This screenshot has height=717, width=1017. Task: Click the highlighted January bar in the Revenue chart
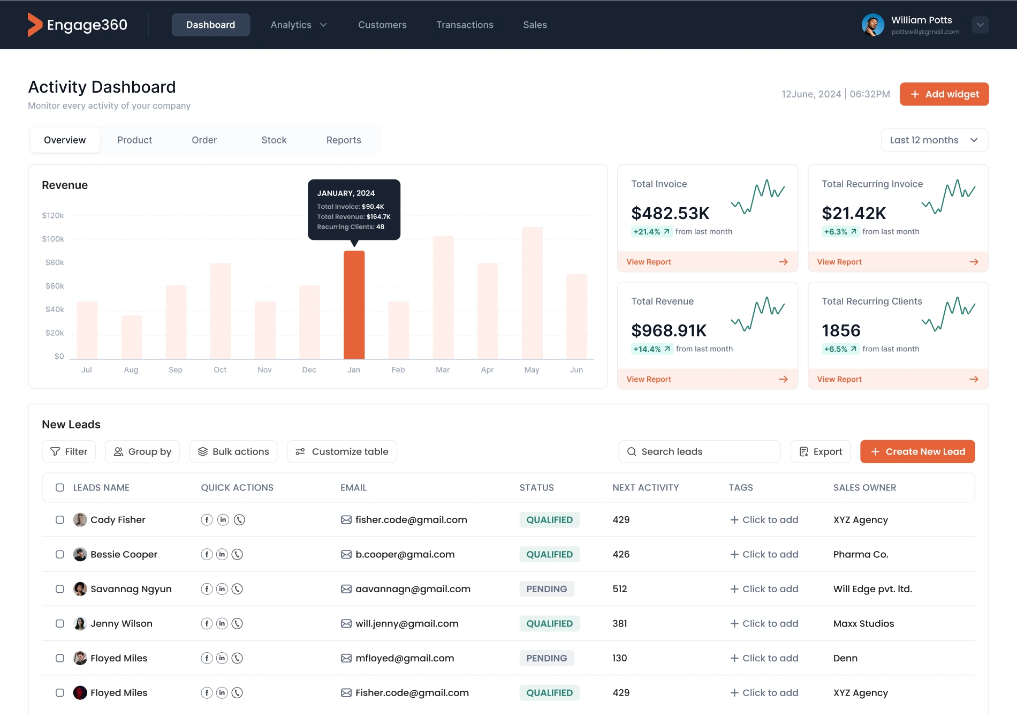(x=354, y=305)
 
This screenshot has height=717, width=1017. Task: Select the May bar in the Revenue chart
(x=532, y=293)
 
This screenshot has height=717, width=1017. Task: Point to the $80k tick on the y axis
(x=55, y=262)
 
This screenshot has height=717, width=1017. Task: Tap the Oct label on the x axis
(x=220, y=370)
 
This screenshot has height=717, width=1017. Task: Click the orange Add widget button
(x=944, y=94)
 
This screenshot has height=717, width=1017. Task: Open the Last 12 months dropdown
(x=934, y=140)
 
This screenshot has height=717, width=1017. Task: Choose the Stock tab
(x=274, y=140)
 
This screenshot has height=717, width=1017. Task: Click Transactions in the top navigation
(x=465, y=25)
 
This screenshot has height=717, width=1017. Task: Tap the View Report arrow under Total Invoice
(x=783, y=262)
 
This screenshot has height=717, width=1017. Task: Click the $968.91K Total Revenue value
(x=669, y=330)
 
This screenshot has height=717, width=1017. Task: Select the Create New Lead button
(x=917, y=452)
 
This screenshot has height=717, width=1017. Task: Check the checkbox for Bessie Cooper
(x=60, y=555)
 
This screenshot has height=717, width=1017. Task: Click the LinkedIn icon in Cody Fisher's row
(x=223, y=520)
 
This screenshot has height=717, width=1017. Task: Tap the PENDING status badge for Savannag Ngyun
(x=547, y=589)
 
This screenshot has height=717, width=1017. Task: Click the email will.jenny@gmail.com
(x=407, y=624)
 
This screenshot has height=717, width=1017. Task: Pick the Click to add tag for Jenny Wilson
(x=764, y=624)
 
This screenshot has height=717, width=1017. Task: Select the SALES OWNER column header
(x=864, y=488)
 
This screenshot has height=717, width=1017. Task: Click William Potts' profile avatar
(x=872, y=25)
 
